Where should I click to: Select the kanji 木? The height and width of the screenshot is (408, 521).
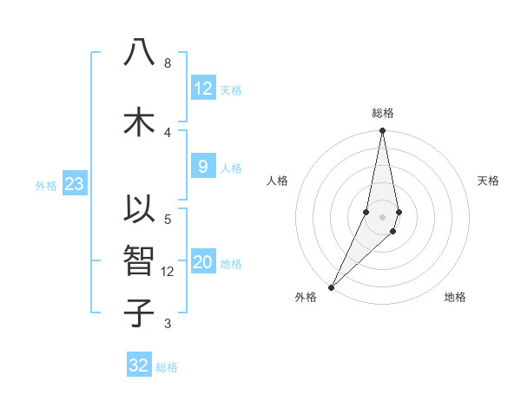click(139, 121)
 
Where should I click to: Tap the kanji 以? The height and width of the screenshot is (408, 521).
click(139, 211)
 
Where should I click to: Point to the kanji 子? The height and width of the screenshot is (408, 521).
click(139, 312)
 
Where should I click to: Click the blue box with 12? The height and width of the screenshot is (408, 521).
click(203, 89)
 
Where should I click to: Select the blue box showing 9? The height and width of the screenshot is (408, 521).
click(203, 167)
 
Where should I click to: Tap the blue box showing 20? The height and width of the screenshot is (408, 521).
click(203, 263)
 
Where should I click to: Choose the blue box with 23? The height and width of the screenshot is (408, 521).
click(74, 184)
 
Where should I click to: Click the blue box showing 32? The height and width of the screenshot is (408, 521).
click(139, 365)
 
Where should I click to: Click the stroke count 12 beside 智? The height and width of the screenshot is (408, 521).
click(168, 272)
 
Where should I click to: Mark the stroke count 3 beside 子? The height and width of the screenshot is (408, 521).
click(168, 324)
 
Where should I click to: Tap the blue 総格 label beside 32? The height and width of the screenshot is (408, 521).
click(168, 367)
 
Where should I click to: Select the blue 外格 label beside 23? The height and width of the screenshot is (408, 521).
click(45, 185)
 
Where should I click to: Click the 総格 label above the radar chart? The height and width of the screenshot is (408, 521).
click(382, 113)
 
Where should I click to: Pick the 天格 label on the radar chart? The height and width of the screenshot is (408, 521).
click(489, 181)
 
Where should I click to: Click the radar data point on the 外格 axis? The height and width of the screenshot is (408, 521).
click(331, 286)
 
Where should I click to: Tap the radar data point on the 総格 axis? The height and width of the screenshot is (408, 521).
click(382, 131)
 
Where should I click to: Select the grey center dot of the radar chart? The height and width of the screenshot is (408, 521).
click(382, 216)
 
